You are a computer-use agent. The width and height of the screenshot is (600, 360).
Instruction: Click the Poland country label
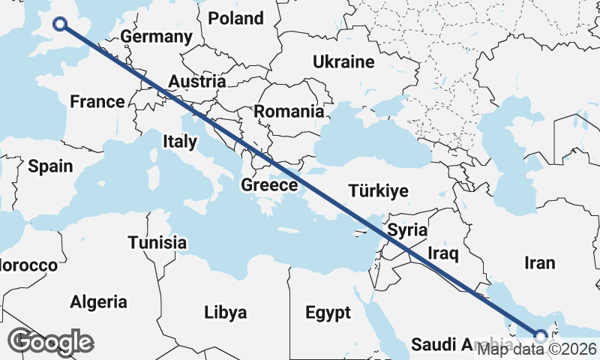(x=235, y=19)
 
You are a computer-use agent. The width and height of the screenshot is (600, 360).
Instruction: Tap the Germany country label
(x=156, y=37)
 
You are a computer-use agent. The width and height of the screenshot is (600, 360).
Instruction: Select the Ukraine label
(x=343, y=61)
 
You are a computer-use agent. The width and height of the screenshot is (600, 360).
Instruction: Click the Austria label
(x=197, y=81)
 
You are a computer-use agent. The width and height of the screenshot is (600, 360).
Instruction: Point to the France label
(x=97, y=102)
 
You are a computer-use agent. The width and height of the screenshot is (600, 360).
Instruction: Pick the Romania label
(x=289, y=112)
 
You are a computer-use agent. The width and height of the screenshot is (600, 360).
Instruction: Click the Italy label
(x=180, y=141)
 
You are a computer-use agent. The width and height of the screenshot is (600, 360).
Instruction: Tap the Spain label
(x=50, y=166)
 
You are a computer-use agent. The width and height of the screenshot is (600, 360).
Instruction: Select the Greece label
(x=270, y=184)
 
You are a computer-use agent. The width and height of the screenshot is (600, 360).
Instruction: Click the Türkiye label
(x=378, y=191)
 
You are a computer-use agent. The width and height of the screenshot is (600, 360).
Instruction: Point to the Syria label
(x=408, y=229)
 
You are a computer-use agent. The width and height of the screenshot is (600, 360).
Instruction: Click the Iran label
(x=540, y=262)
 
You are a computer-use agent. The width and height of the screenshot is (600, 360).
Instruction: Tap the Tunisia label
(x=157, y=243)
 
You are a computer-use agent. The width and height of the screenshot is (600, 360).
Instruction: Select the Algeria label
(x=98, y=302)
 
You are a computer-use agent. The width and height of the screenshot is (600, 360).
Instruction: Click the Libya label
(x=226, y=311)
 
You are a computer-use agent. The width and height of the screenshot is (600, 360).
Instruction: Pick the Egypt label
(x=328, y=312)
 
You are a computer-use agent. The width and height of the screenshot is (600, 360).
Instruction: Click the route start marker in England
(x=59, y=25)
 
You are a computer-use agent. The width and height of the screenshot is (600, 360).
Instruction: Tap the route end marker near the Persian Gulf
(x=540, y=335)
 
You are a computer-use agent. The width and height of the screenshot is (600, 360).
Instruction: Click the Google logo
(x=50, y=342)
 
